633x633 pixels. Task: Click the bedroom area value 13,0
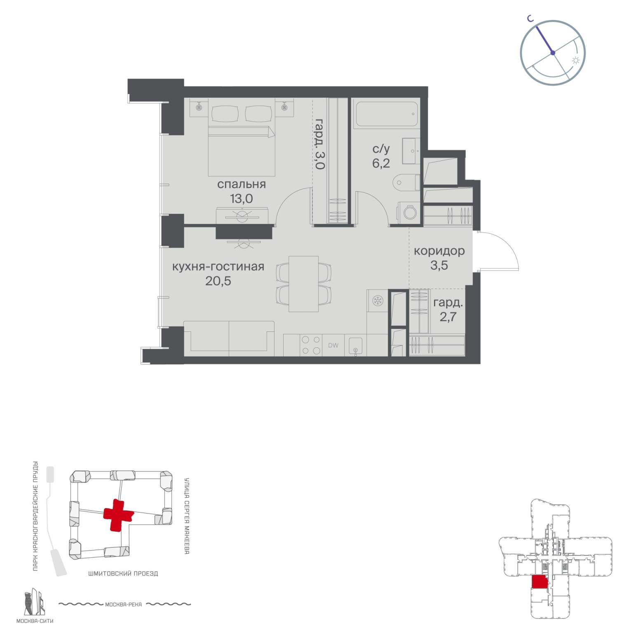pos(241,199)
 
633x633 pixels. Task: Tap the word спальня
pos(241,184)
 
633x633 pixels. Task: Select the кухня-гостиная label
pos(218,267)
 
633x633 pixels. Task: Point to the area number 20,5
pos(218,281)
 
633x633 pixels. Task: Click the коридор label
pos(439,251)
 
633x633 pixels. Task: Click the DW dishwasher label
pos(333,345)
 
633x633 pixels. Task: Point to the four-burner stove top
pos(311,345)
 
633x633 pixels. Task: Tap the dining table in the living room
pos(304,284)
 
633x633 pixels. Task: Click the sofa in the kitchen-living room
pos(229,338)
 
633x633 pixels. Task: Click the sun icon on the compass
pos(576,61)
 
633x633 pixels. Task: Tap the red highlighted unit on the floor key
pos(539,582)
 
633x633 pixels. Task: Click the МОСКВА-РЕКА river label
pos(124,605)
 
